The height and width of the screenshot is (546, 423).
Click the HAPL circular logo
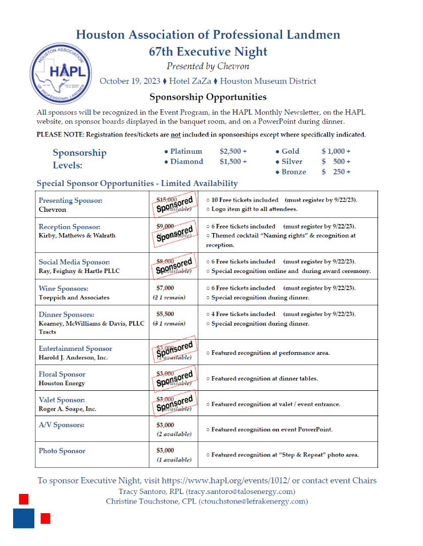coord(61,73)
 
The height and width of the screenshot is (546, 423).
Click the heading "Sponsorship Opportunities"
coord(208,97)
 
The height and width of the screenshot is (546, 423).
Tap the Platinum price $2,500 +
coord(233,151)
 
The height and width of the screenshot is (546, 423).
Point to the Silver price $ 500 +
coord(336,162)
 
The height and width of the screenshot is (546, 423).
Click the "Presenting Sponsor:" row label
coord(70,200)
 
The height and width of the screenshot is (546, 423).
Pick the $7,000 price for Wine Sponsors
coord(165,288)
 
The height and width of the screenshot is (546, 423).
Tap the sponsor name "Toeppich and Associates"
coord(74,297)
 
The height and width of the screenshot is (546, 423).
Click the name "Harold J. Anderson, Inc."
coord(73,357)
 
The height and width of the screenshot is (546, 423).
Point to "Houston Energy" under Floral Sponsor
coord(62,383)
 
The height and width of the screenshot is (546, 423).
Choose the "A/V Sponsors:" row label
coord(61,425)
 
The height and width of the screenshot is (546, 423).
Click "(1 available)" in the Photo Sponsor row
coord(174,460)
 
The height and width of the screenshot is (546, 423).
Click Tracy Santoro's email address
coord(241,491)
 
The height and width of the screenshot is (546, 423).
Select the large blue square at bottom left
coord(24,518)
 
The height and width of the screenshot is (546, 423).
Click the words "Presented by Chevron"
coord(208,66)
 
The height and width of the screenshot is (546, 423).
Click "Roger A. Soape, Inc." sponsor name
coord(67,409)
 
